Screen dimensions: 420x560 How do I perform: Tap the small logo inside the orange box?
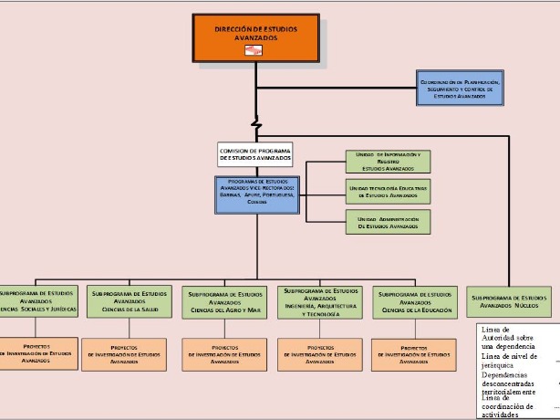[x=254, y=51]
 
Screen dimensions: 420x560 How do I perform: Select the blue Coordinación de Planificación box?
[x=459, y=88]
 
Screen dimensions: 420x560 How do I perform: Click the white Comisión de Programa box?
[x=254, y=154]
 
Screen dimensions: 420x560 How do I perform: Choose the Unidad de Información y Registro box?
[x=388, y=162]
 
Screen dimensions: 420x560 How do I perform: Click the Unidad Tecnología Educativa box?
[x=388, y=191]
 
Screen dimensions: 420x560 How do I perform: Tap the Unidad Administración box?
[x=388, y=222]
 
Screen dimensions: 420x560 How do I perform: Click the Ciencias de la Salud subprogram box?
[x=130, y=301]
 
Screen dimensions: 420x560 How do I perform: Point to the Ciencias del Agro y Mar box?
[x=224, y=301]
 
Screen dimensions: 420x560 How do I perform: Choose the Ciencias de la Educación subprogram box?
[x=414, y=301]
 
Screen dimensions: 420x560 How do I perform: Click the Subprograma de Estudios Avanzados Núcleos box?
[x=510, y=301]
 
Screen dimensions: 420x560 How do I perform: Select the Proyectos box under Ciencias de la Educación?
[x=414, y=354]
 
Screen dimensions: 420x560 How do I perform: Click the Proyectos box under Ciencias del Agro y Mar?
[x=224, y=354]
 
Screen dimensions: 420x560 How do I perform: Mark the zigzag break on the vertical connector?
[x=257, y=121]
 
